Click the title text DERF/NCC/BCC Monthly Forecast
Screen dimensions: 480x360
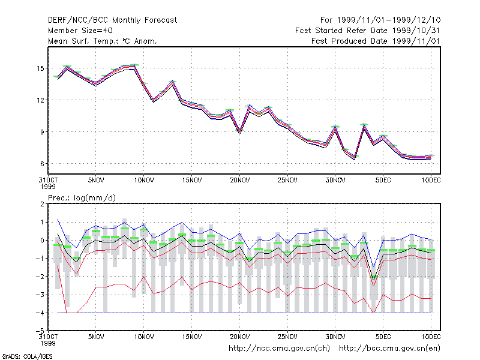[x=112, y=20]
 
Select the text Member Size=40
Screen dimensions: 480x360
[x=80, y=31]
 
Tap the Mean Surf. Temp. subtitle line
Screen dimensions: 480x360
[x=103, y=41]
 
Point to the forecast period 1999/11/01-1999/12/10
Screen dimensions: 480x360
[x=380, y=20]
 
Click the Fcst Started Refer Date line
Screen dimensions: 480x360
[x=367, y=31]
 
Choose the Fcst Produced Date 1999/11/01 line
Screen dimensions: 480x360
[x=376, y=41]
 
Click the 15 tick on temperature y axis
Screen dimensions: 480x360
[x=40, y=68]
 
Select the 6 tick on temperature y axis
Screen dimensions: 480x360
[x=42, y=164]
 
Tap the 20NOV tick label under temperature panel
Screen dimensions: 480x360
[x=239, y=181]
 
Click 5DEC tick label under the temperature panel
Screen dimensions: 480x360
[x=383, y=181]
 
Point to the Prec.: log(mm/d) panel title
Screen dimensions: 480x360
[x=82, y=198]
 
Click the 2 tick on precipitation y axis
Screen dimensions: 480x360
[x=42, y=204]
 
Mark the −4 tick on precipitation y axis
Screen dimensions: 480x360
[x=40, y=313]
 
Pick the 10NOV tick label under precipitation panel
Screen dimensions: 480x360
[x=144, y=337]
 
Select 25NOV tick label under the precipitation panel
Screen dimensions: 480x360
[x=287, y=337]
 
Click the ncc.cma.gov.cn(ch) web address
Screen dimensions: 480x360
[x=279, y=349]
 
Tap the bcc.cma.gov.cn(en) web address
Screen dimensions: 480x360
[x=389, y=349]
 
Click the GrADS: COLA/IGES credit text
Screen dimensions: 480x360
[x=27, y=356]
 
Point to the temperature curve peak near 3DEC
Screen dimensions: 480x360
[x=364, y=124]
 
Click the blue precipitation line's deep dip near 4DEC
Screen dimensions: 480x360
[x=373, y=267]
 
